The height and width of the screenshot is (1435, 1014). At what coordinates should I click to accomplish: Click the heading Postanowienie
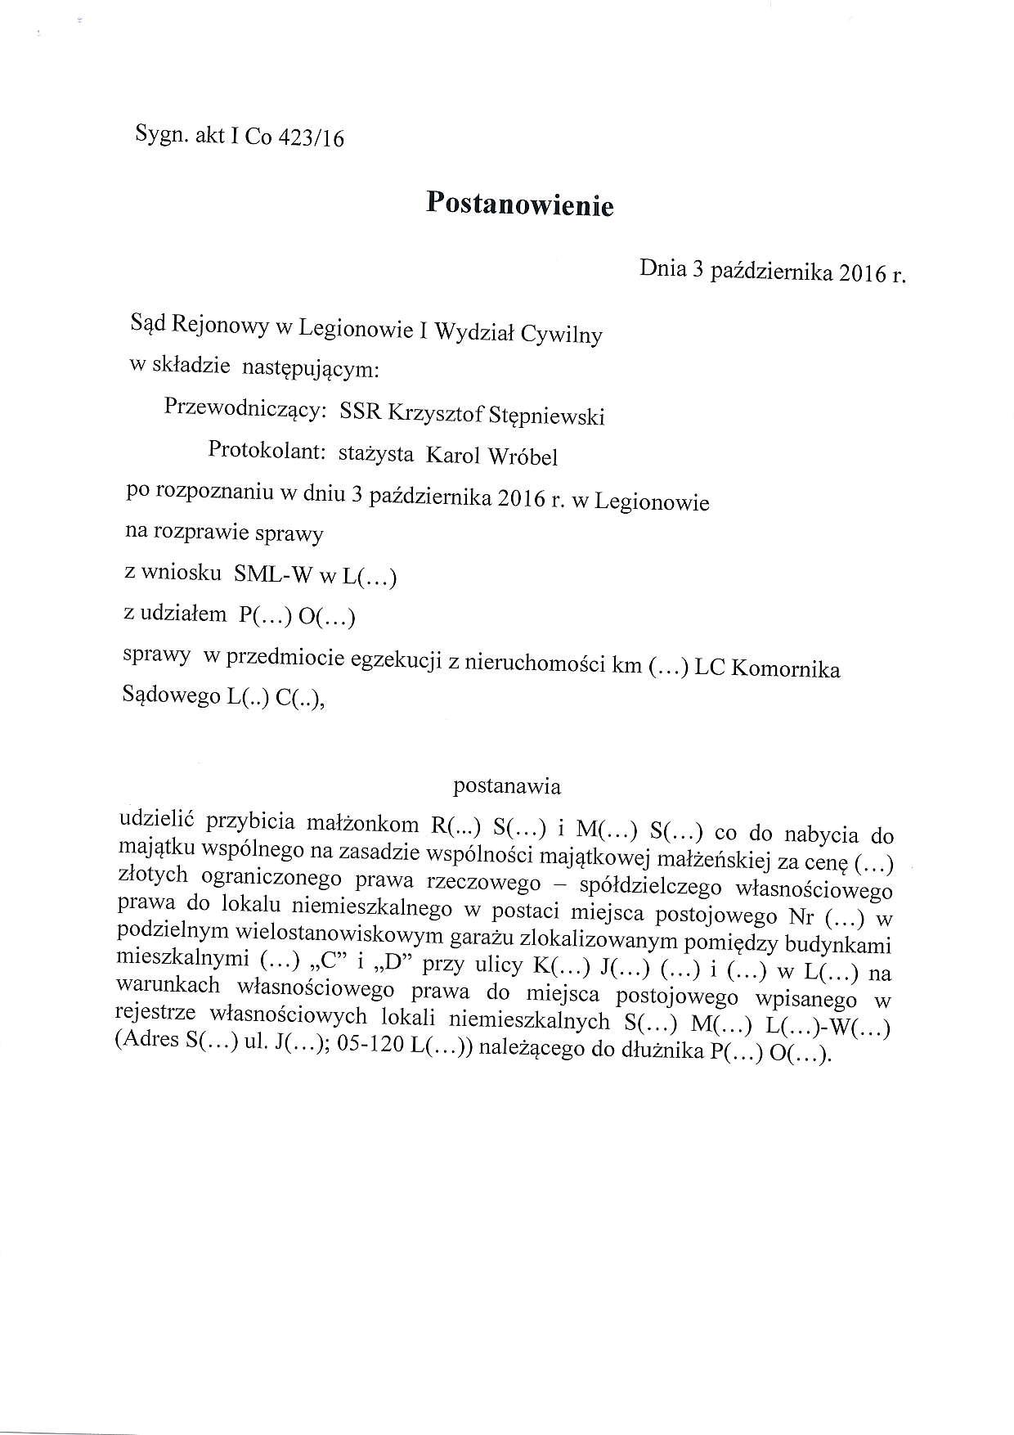[x=519, y=205]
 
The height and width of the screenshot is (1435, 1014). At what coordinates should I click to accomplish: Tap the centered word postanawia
[x=507, y=787]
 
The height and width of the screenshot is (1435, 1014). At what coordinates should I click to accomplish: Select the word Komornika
[x=784, y=669]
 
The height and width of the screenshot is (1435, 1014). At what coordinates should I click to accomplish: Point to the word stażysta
[x=376, y=454]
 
